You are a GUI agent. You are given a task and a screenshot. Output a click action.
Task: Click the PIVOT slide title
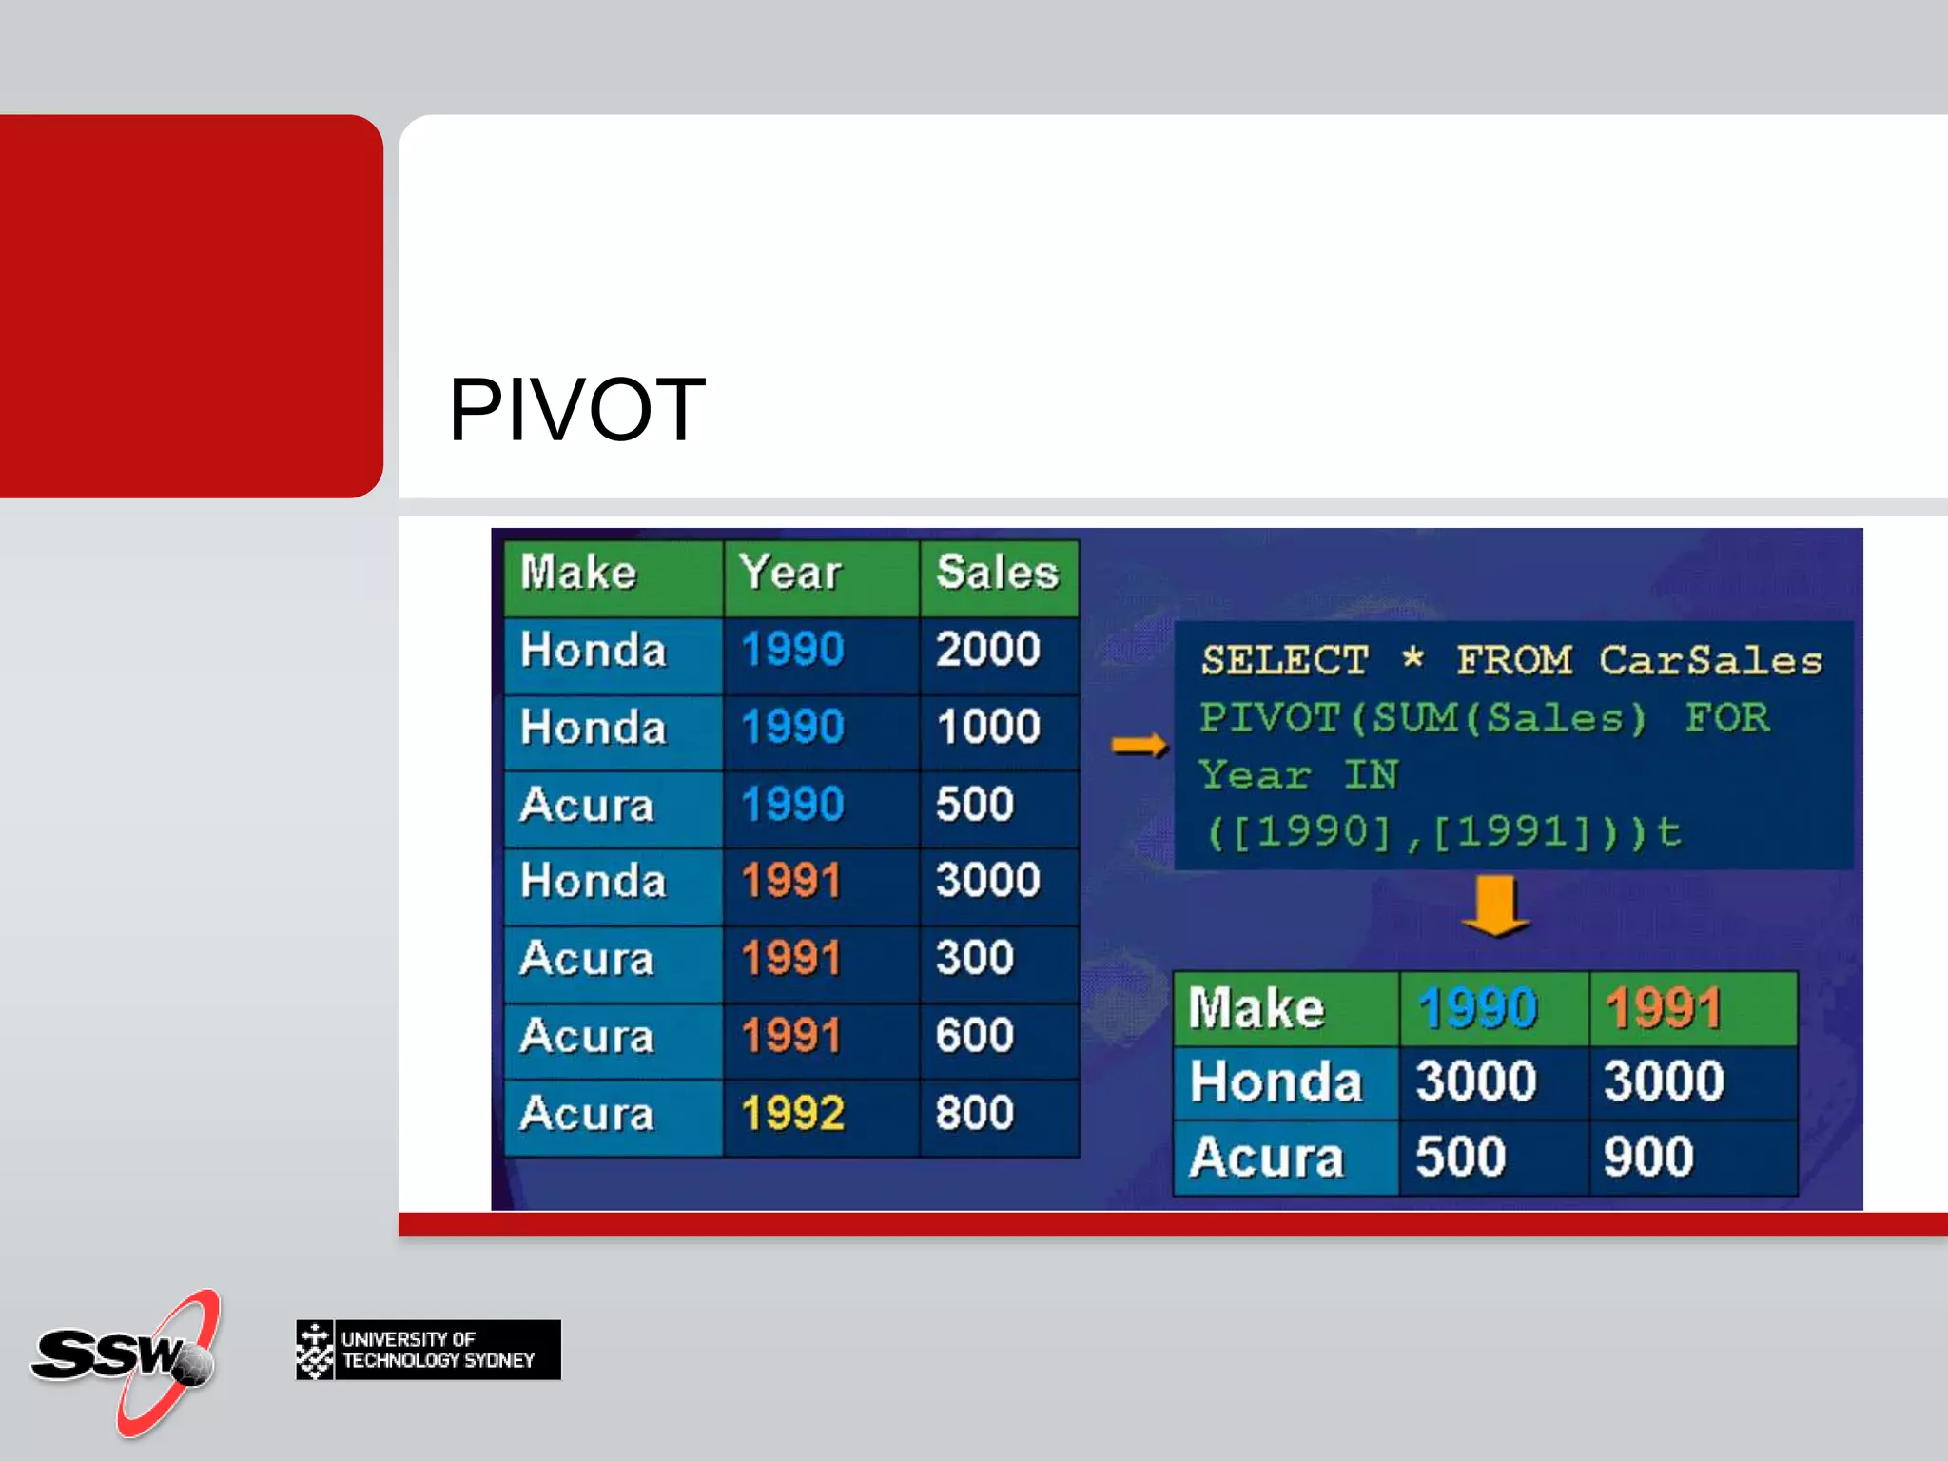pyautogui.click(x=576, y=410)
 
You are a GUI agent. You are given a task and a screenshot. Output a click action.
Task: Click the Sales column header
pyautogui.click(x=997, y=574)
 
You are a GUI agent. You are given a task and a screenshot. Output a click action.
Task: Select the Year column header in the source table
pyautogui.click(x=790, y=574)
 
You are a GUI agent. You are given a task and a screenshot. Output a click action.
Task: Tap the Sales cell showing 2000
pyautogui.click(x=988, y=651)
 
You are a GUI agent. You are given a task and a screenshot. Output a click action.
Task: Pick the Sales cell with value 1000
pyautogui.click(x=988, y=728)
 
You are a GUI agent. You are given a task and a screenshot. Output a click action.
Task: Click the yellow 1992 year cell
pyautogui.click(x=792, y=1113)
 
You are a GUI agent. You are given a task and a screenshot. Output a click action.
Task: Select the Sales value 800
pyautogui.click(x=975, y=1113)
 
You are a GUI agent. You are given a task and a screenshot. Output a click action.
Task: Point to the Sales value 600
pyautogui.click(x=975, y=1035)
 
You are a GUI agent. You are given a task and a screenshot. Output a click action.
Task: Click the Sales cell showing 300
pyautogui.click(x=975, y=958)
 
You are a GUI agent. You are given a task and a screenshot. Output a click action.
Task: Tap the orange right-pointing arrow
pyautogui.click(x=1139, y=746)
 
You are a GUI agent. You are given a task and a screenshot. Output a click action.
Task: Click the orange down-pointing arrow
pyautogui.click(x=1495, y=906)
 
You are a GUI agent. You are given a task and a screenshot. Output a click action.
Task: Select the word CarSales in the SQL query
pyautogui.click(x=1710, y=661)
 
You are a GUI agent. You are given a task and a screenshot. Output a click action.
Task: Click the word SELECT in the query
pyautogui.click(x=1284, y=661)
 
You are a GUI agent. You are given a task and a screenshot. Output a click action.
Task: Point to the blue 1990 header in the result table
pyautogui.click(x=1477, y=1008)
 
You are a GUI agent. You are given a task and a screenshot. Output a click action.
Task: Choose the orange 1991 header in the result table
pyautogui.click(x=1664, y=1008)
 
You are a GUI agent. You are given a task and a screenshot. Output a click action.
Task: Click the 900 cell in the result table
pyautogui.click(x=1648, y=1158)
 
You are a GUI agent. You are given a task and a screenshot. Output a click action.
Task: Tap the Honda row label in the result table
pyautogui.click(x=1276, y=1082)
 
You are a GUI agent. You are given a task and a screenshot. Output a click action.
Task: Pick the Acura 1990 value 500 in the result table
pyautogui.click(x=1461, y=1158)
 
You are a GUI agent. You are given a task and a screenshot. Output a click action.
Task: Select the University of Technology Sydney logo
pyautogui.click(x=428, y=1350)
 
